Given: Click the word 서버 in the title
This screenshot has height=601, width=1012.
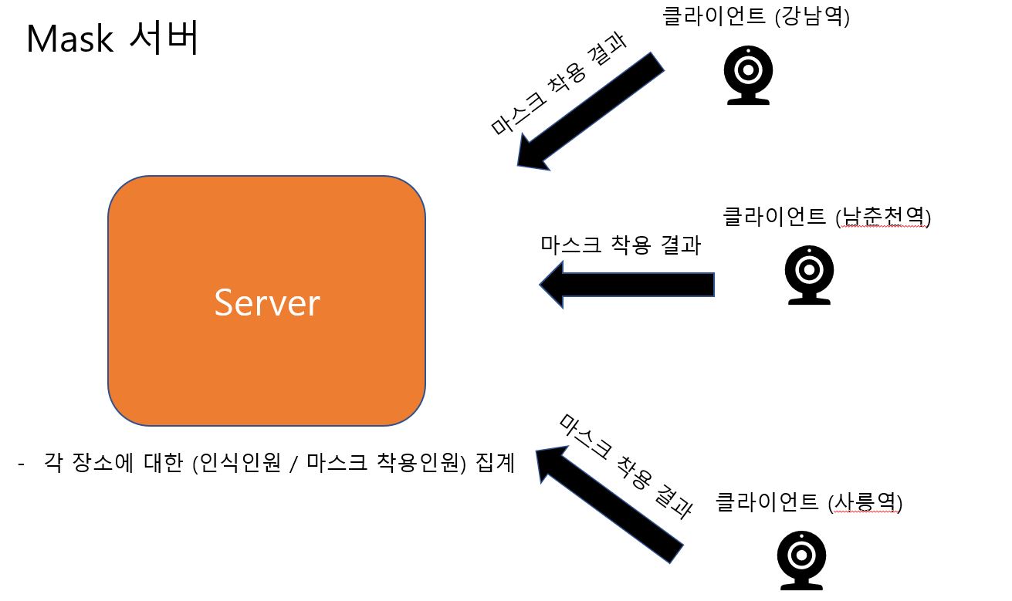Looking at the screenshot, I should point(162,38).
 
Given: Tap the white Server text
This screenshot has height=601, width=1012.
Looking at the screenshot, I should point(266,302).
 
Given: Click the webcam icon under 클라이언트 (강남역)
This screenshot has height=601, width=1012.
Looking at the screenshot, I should point(748,74).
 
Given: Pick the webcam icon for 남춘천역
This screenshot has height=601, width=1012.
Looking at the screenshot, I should point(808,275).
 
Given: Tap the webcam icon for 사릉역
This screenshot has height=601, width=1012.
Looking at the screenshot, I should point(801,559).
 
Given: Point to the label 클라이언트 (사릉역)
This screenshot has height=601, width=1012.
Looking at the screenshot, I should point(809,502).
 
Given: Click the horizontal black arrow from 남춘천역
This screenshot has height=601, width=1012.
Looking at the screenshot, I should point(627,284).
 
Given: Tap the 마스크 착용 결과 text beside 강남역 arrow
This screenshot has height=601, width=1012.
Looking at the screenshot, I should point(557,85).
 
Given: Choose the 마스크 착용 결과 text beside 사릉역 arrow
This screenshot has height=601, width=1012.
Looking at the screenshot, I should point(625,465).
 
